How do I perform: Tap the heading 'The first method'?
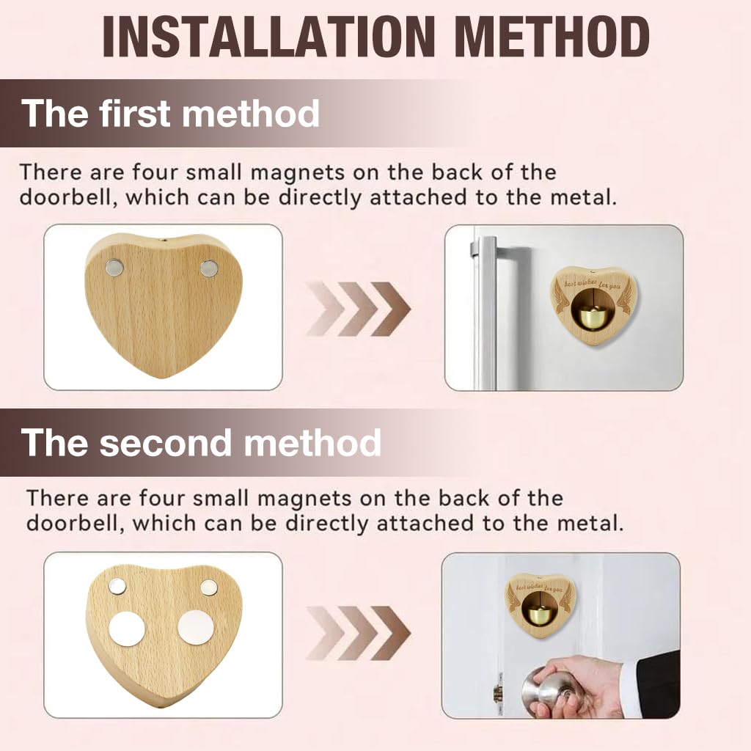(x=171, y=114)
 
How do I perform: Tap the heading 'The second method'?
(x=202, y=443)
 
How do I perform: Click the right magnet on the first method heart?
(x=208, y=268)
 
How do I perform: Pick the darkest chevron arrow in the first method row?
(x=389, y=308)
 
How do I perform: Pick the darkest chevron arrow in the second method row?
(x=389, y=633)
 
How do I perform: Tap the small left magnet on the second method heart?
(x=117, y=586)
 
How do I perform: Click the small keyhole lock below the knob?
(x=498, y=693)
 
